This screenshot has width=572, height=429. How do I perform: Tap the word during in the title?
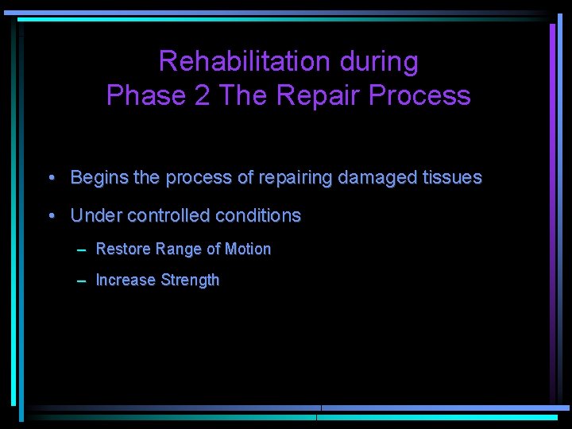(377, 61)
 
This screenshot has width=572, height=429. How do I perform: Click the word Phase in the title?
(144, 95)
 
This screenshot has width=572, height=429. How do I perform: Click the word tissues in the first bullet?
(451, 178)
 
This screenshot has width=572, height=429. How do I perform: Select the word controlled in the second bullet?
(165, 215)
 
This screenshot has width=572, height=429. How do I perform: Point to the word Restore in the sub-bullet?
(123, 249)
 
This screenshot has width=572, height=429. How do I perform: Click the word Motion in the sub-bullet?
(248, 249)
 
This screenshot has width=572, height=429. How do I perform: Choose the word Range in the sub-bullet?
(179, 249)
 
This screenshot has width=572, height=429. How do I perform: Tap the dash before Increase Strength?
(82, 280)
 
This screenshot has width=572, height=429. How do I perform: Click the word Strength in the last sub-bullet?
(190, 280)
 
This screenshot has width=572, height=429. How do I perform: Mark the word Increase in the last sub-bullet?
(126, 280)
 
